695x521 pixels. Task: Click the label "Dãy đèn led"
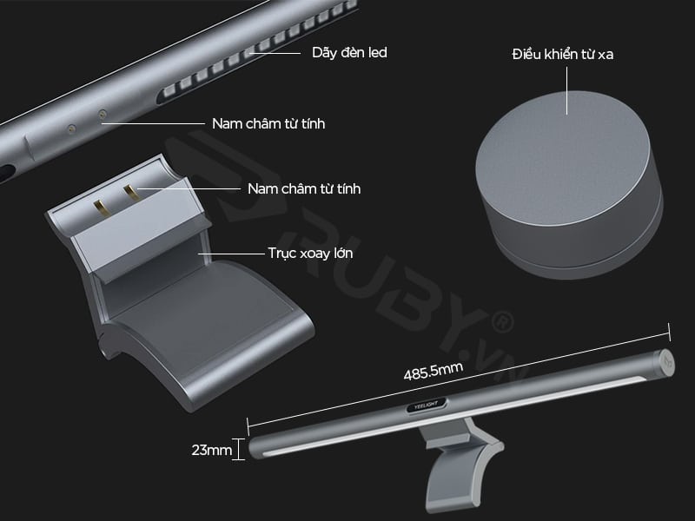click(349, 53)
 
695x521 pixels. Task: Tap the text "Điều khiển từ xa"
click(562, 54)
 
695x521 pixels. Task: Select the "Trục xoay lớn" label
click(310, 254)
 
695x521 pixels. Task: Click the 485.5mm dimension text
click(433, 371)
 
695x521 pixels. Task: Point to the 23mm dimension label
click(211, 450)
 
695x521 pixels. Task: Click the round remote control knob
click(569, 185)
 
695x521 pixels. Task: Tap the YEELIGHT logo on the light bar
click(426, 405)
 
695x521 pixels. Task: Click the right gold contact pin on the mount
click(129, 193)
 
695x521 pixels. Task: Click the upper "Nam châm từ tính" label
click(268, 123)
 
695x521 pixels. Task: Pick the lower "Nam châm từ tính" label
click(304, 188)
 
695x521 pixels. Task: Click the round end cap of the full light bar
click(665, 363)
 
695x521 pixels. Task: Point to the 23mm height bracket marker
click(238, 449)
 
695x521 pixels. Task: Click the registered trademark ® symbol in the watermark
click(501, 322)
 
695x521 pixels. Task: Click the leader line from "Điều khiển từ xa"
click(567, 90)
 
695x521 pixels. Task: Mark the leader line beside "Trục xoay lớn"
click(231, 254)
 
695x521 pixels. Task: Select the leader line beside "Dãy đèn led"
click(275, 53)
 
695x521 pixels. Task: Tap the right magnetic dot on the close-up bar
click(103, 115)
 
